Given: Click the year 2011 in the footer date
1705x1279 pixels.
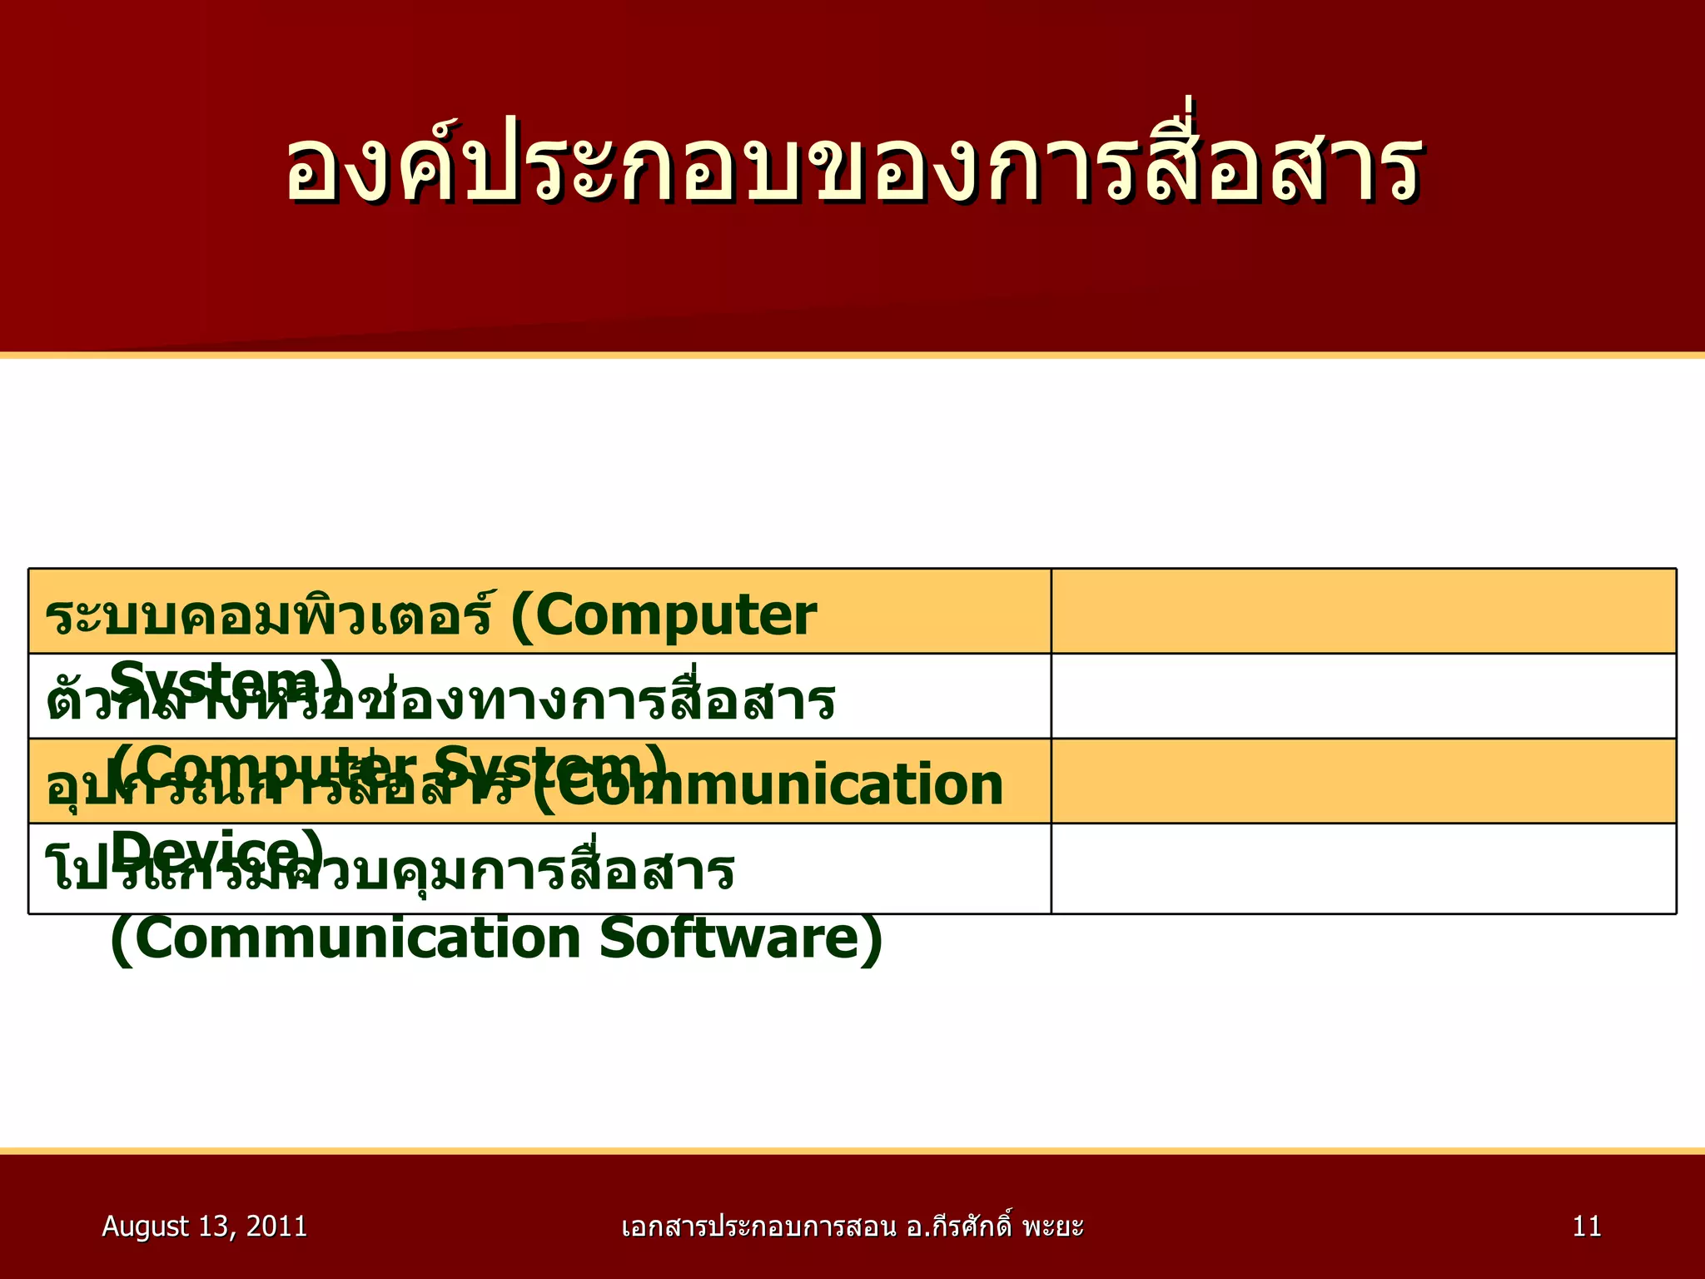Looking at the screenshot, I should pyautogui.click(x=276, y=1227).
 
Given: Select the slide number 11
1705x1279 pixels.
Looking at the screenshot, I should pyautogui.click(x=1587, y=1227).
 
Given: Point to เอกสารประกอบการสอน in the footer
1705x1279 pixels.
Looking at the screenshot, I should pyautogui.click(x=758, y=1227).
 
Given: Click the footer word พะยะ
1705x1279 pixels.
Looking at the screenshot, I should pyautogui.click(x=1052, y=1227).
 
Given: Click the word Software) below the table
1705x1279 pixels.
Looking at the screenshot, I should pyautogui.click(x=741, y=939).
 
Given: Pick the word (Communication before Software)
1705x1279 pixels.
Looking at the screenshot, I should pyautogui.click(x=345, y=939).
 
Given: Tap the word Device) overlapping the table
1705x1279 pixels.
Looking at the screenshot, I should pyautogui.click(x=216, y=851).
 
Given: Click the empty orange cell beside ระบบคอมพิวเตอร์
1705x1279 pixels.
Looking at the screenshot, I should pyautogui.click(x=1363, y=611).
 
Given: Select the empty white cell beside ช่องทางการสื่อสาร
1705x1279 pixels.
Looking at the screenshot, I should pyautogui.click(x=1363, y=696).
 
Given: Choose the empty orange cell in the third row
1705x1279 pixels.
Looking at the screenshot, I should pyautogui.click(x=1363, y=781).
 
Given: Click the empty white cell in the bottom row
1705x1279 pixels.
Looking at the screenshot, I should pyautogui.click(x=1363, y=868).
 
